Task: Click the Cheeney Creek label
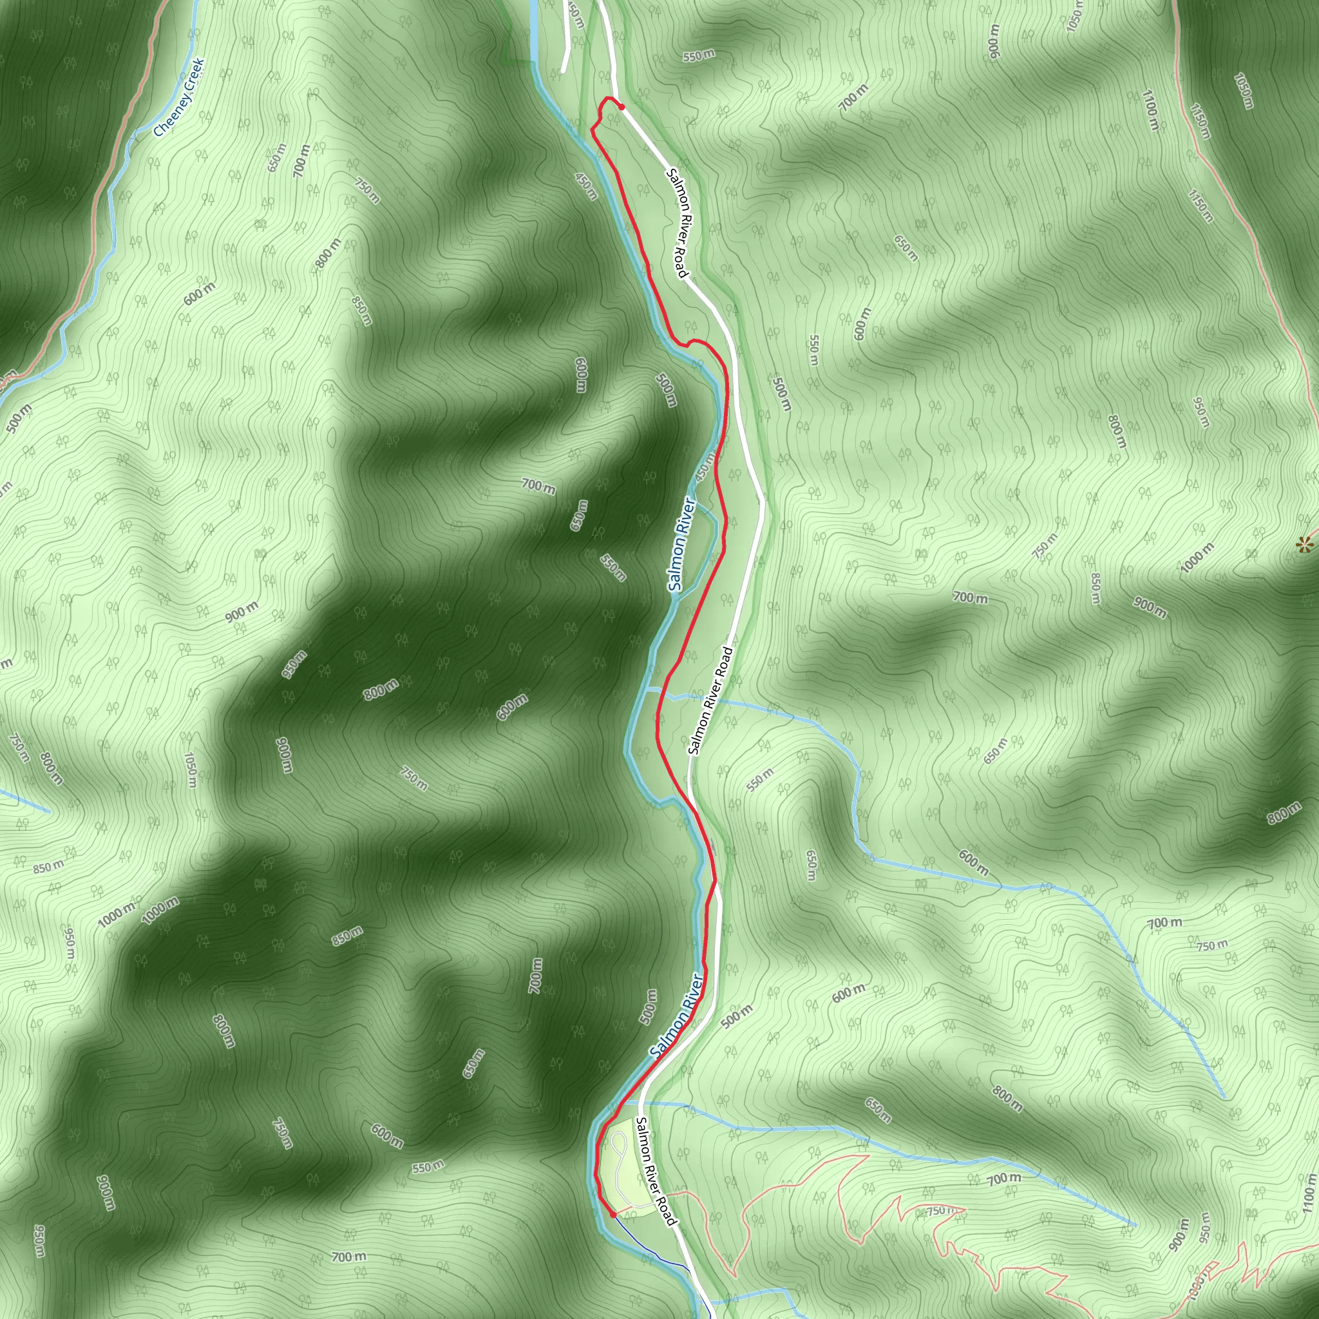coord(179,99)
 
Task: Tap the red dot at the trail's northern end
coord(622,106)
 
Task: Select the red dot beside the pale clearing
coord(613,1215)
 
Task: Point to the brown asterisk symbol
coord(1305,544)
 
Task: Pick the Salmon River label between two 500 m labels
coord(677,1015)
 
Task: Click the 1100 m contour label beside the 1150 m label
coord(1150,109)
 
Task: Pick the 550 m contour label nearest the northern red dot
coord(699,56)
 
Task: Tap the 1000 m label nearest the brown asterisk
coord(1197,557)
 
